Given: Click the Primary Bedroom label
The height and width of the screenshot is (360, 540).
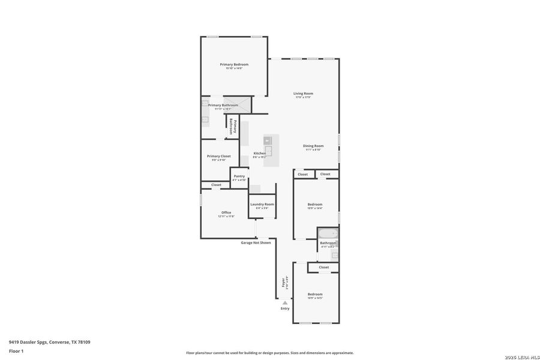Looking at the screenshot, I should point(234,64).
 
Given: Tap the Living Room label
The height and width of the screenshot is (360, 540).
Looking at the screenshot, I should point(303,93).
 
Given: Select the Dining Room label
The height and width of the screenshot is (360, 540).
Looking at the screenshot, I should point(313,146).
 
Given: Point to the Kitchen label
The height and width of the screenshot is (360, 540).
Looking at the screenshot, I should point(259,153).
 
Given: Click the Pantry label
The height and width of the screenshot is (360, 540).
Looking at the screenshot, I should point(239,176).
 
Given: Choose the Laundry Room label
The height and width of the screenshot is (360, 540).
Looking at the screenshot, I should point(262,204).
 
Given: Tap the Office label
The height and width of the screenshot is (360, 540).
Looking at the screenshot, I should point(226,212).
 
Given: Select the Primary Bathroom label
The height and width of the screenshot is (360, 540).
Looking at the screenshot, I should point(223,105).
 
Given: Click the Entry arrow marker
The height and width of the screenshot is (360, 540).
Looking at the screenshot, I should point(284,303).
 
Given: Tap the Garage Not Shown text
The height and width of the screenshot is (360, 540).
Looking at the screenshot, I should point(256,242).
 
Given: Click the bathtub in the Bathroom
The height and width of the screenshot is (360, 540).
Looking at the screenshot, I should point(328,233).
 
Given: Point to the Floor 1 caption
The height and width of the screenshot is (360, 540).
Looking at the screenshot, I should point(16,350).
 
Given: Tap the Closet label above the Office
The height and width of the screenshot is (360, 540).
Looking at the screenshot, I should point(216,185).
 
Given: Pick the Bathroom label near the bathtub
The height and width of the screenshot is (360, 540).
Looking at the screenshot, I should point(328,243).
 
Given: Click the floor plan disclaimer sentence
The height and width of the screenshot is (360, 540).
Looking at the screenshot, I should point(269,353).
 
